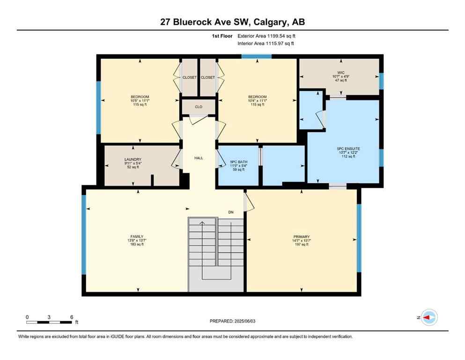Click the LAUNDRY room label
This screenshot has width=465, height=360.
point(133,159)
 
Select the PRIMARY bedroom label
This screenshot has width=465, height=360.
point(302,237)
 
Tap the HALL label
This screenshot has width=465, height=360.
point(199,158)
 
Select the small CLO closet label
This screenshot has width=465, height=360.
point(199,107)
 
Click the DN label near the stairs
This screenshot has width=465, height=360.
point(231,212)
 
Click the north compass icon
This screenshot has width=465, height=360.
point(428,317)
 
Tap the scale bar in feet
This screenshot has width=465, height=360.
point(49,322)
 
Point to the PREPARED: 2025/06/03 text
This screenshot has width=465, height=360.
point(232,321)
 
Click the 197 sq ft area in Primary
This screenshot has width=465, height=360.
point(302,245)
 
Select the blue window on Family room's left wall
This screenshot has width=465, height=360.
point(84,234)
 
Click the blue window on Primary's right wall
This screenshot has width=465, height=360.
point(359,238)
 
